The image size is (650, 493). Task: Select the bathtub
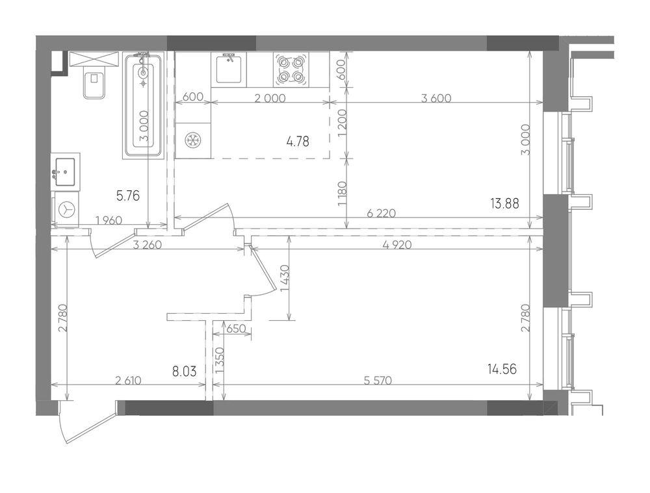(144, 105)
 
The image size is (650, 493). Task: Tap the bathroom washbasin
(66, 172)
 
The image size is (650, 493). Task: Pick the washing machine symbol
(66, 209)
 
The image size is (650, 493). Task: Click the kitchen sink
(229, 70)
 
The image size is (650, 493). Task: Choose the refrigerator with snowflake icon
(193, 141)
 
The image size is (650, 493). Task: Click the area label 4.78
(298, 142)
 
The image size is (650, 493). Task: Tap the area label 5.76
(128, 195)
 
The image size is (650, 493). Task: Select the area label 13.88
(504, 203)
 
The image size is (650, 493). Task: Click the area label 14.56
(502, 369)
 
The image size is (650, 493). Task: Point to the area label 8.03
(184, 371)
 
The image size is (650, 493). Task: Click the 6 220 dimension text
(382, 213)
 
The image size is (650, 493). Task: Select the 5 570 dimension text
(378, 380)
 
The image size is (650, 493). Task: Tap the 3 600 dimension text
(436, 98)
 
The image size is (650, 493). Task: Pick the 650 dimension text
(237, 329)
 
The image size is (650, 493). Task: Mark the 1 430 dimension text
(285, 279)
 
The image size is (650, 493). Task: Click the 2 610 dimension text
(128, 380)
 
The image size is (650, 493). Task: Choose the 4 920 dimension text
(397, 245)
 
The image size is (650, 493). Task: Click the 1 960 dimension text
(109, 220)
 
